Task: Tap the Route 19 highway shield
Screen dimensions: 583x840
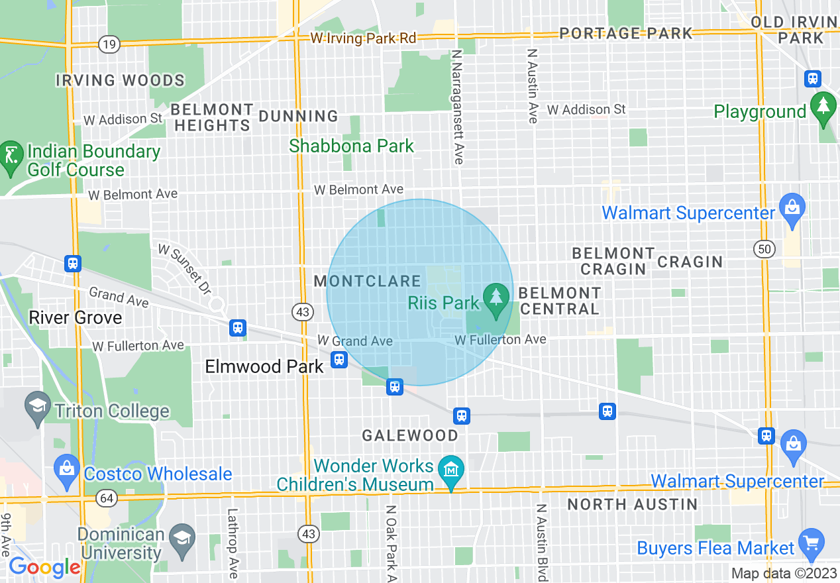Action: click(109, 44)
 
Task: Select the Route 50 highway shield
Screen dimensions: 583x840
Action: click(764, 249)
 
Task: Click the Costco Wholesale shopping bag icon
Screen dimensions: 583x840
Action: click(67, 467)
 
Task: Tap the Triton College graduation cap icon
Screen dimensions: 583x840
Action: click(36, 403)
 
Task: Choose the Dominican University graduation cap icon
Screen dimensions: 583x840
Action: click(181, 536)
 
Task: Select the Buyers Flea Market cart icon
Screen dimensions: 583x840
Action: click(812, 542)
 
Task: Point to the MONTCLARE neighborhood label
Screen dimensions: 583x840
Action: click(367, 281)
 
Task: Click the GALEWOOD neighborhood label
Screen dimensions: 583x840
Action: click(409, 435)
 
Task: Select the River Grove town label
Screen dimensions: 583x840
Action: click(76, 317)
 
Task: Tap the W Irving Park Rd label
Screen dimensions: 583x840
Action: click(364, 38)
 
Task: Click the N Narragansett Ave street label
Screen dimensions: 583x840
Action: click(457, 106)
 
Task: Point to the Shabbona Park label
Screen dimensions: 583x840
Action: click(351, 146)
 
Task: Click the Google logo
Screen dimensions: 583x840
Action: click(44, 568)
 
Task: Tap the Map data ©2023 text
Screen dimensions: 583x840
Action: click(784, 573)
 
